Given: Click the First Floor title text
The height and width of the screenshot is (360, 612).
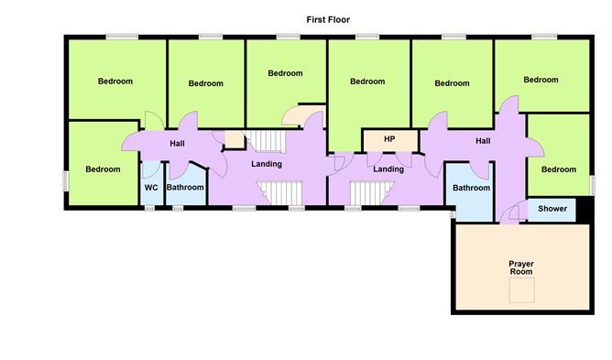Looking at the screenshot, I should (x=328, y=18).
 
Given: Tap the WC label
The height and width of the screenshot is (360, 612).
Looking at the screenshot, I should (x=151, y=188).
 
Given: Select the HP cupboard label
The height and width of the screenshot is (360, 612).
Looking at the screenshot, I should (x=388, y=139).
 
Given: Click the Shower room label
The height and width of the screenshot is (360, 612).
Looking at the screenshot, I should (x=552, y=210).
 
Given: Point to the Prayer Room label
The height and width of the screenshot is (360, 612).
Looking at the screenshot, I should (x=521, y=268).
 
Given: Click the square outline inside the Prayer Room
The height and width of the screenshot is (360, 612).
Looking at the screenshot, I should (x=522, y=291).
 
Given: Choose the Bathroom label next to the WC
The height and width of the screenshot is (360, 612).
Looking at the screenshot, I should (x=185, y=188).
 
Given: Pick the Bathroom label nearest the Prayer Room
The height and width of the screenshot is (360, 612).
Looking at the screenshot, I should (x=470, y=188).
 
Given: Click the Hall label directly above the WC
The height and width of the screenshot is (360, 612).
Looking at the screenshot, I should (x=178, y=143).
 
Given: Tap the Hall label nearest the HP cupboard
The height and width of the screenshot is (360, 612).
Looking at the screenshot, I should (x=482, y=140).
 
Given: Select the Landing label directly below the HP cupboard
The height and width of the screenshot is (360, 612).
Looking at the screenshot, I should (x=388, y=169).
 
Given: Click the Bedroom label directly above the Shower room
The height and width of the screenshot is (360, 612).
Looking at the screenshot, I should (x=558, y=169).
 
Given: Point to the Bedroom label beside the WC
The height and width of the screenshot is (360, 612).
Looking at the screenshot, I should (x=103, y=169).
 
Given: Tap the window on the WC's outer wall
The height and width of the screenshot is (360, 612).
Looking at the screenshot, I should (x=150, y=208).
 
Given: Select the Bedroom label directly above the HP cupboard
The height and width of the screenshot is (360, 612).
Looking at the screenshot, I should (x=368, y=82).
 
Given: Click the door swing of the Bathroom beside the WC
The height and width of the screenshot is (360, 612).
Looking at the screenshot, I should (x=195, y=166).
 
